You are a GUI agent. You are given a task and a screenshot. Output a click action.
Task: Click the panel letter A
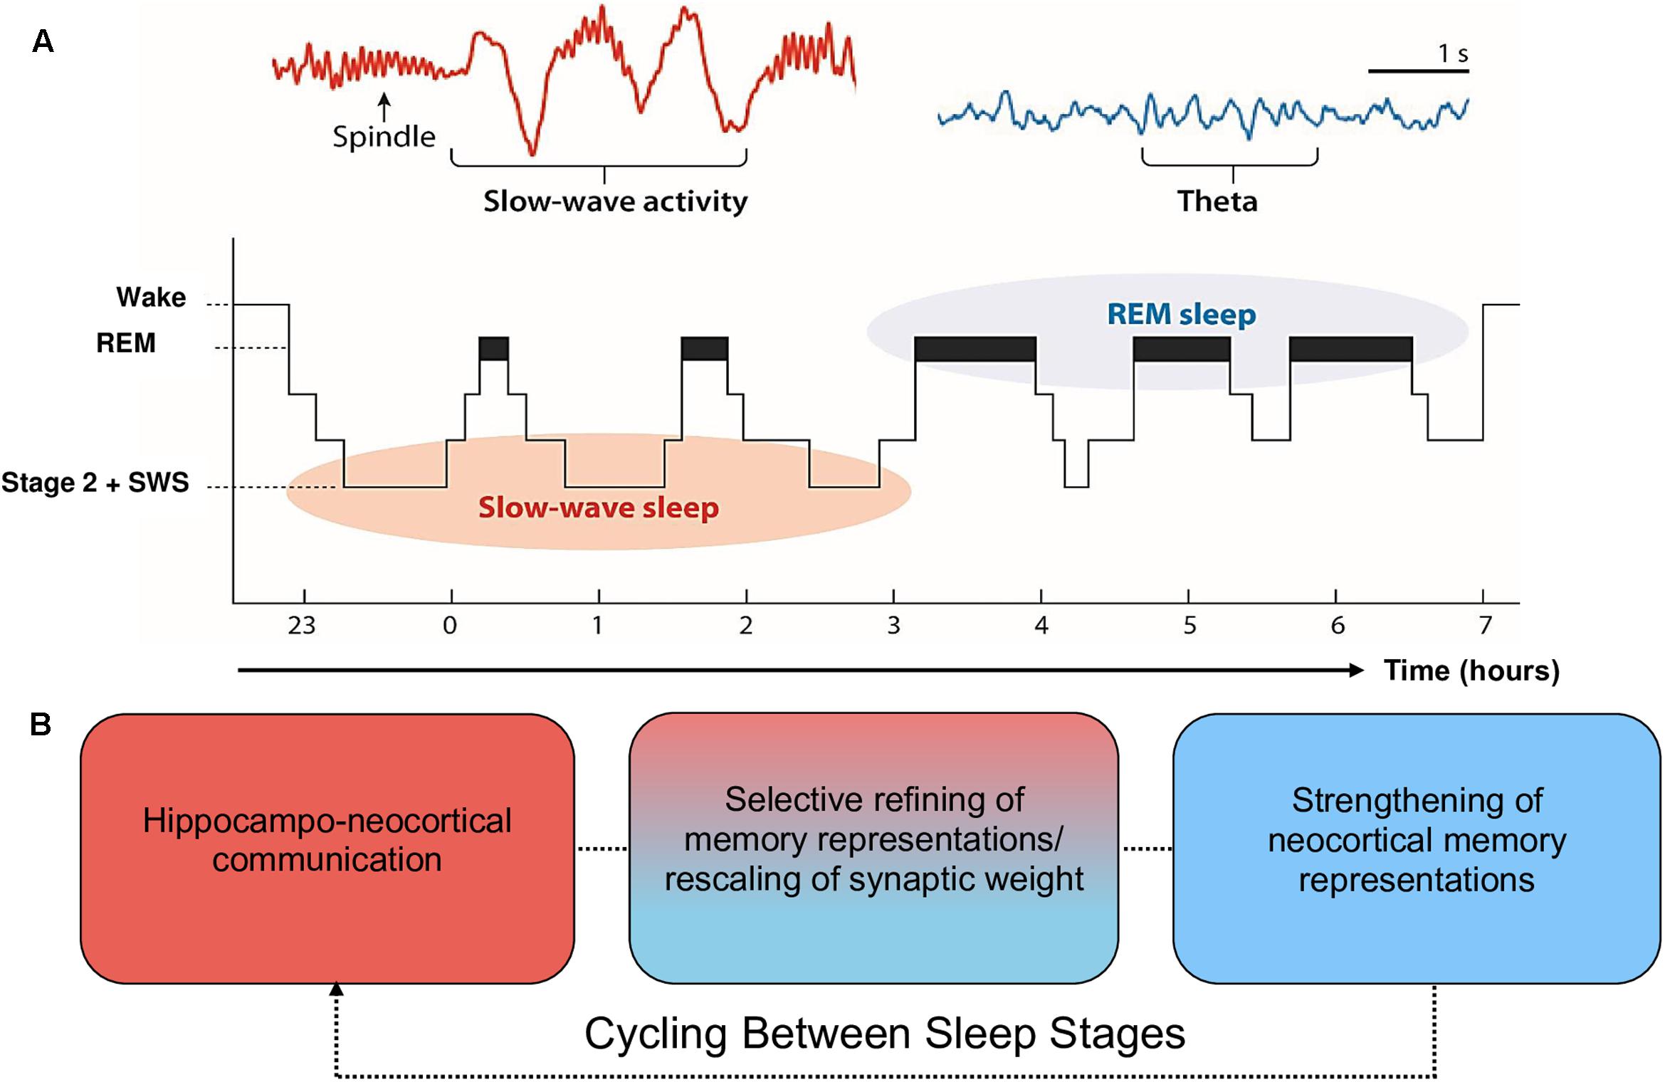point(43,42)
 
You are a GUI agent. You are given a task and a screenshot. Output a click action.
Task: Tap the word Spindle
point(384,137)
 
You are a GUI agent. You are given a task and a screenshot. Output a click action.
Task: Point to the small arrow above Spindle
point(384,107)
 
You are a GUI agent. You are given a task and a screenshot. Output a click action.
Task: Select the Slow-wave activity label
point(615,201)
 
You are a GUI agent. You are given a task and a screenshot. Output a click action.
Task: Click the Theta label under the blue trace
point(1217,201)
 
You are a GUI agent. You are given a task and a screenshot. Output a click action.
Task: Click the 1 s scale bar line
point(1418,71)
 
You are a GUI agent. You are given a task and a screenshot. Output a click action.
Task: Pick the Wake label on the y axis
point(151,297)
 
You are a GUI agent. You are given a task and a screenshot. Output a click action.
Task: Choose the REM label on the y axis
point(126,343)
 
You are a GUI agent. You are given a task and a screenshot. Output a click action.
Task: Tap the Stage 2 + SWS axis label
point(95,483)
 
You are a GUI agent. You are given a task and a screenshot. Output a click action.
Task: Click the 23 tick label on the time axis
point(302,626)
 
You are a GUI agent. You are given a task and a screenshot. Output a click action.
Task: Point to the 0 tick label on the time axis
point(450,626)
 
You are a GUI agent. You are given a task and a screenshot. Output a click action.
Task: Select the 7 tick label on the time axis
point(1485,626)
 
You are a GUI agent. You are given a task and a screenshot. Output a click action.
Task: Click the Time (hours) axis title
point(1471,671)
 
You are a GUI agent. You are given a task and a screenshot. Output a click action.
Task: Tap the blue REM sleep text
point(1182,314)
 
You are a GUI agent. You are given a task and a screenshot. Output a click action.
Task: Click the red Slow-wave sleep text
point(598,508)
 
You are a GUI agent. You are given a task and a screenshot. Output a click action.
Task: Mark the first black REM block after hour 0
point(493,348)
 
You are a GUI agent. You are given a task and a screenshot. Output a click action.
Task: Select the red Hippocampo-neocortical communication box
point(327,849)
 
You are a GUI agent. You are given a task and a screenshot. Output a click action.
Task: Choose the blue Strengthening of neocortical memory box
point(1417,849)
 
